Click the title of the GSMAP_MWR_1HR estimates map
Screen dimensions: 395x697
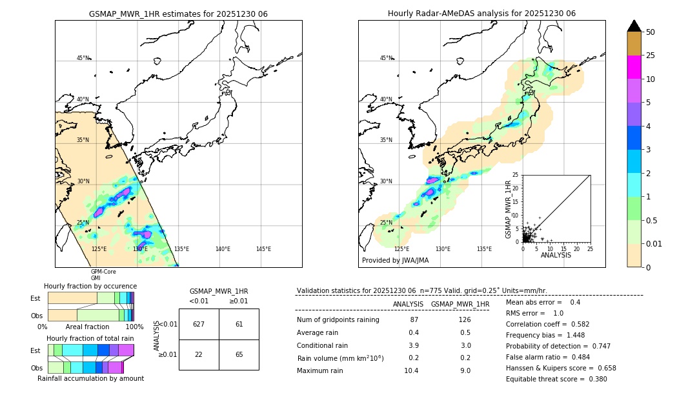[178, 14]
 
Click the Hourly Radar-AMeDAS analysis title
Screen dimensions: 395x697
[481, 14]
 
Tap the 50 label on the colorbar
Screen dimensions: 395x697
[651, 32]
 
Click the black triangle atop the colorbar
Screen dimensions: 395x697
[634, 26]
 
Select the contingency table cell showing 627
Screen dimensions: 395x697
[199, 324]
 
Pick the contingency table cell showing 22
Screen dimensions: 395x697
[199, 355]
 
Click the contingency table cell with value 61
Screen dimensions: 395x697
[239, 324]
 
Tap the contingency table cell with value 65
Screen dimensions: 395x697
[239, 355]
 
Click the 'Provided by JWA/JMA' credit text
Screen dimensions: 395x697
[395, 261]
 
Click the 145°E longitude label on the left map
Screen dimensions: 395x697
[263, 249]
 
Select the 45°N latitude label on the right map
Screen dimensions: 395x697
[386, 58]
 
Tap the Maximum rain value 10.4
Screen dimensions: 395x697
[411, 370]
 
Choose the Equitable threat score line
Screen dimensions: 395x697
[556, 379]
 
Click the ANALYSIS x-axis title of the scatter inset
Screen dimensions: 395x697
[556, 256]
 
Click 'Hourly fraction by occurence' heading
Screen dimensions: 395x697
[90, 286]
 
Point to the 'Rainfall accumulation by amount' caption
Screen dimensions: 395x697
[90, 379]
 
